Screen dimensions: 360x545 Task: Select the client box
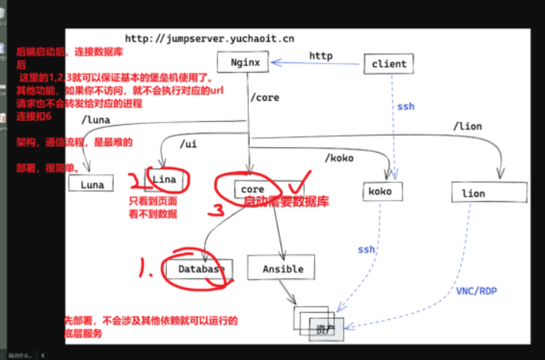click(x=389, y=64)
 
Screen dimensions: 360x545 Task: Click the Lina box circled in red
click(x=162, y=179)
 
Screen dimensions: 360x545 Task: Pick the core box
click(x=253, y=190)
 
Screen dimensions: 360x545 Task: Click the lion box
click(x=488, y=193)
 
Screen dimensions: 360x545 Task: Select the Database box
click(x=201, y=269)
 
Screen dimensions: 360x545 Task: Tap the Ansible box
click(x=283, y=269)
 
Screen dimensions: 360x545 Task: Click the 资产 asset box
click(x=325, y=327)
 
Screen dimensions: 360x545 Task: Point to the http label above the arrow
click(x=320, y=55)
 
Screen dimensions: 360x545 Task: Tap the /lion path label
click(x=467, y=126)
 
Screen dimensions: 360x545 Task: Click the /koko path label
click(x=339, y=156)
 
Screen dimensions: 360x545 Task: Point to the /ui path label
click(x=189, y=145)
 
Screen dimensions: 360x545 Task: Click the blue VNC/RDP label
click(x=475, y=290)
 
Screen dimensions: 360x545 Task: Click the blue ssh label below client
click(x=405, y=107)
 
